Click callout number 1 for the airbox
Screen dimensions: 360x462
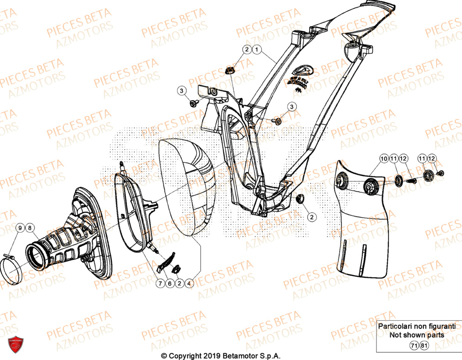tap(257, 49)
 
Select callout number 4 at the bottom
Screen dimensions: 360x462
tap(189, 283)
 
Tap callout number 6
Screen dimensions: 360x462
tap(170, 283)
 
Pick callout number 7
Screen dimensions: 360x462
tap(160, 283)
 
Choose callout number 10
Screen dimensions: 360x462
tap(383, 159)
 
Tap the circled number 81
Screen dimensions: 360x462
tap(424, 345)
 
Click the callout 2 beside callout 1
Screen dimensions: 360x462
tap(247, 49)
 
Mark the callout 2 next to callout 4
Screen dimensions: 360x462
tap(179, 283)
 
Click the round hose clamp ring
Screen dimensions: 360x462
tap(10, 270)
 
